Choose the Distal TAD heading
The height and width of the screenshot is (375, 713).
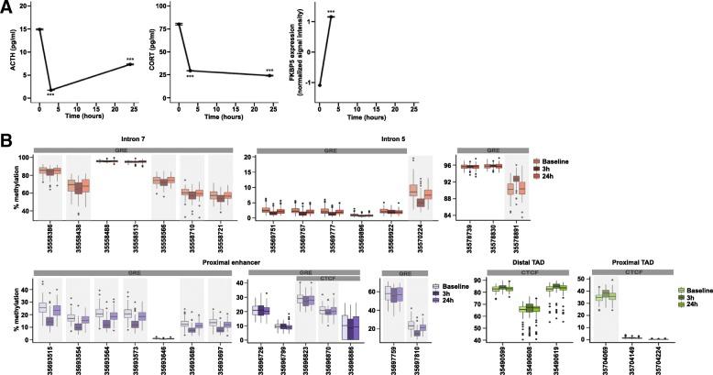(x=514, y=262)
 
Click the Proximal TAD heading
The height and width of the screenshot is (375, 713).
(x=624, y=262)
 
